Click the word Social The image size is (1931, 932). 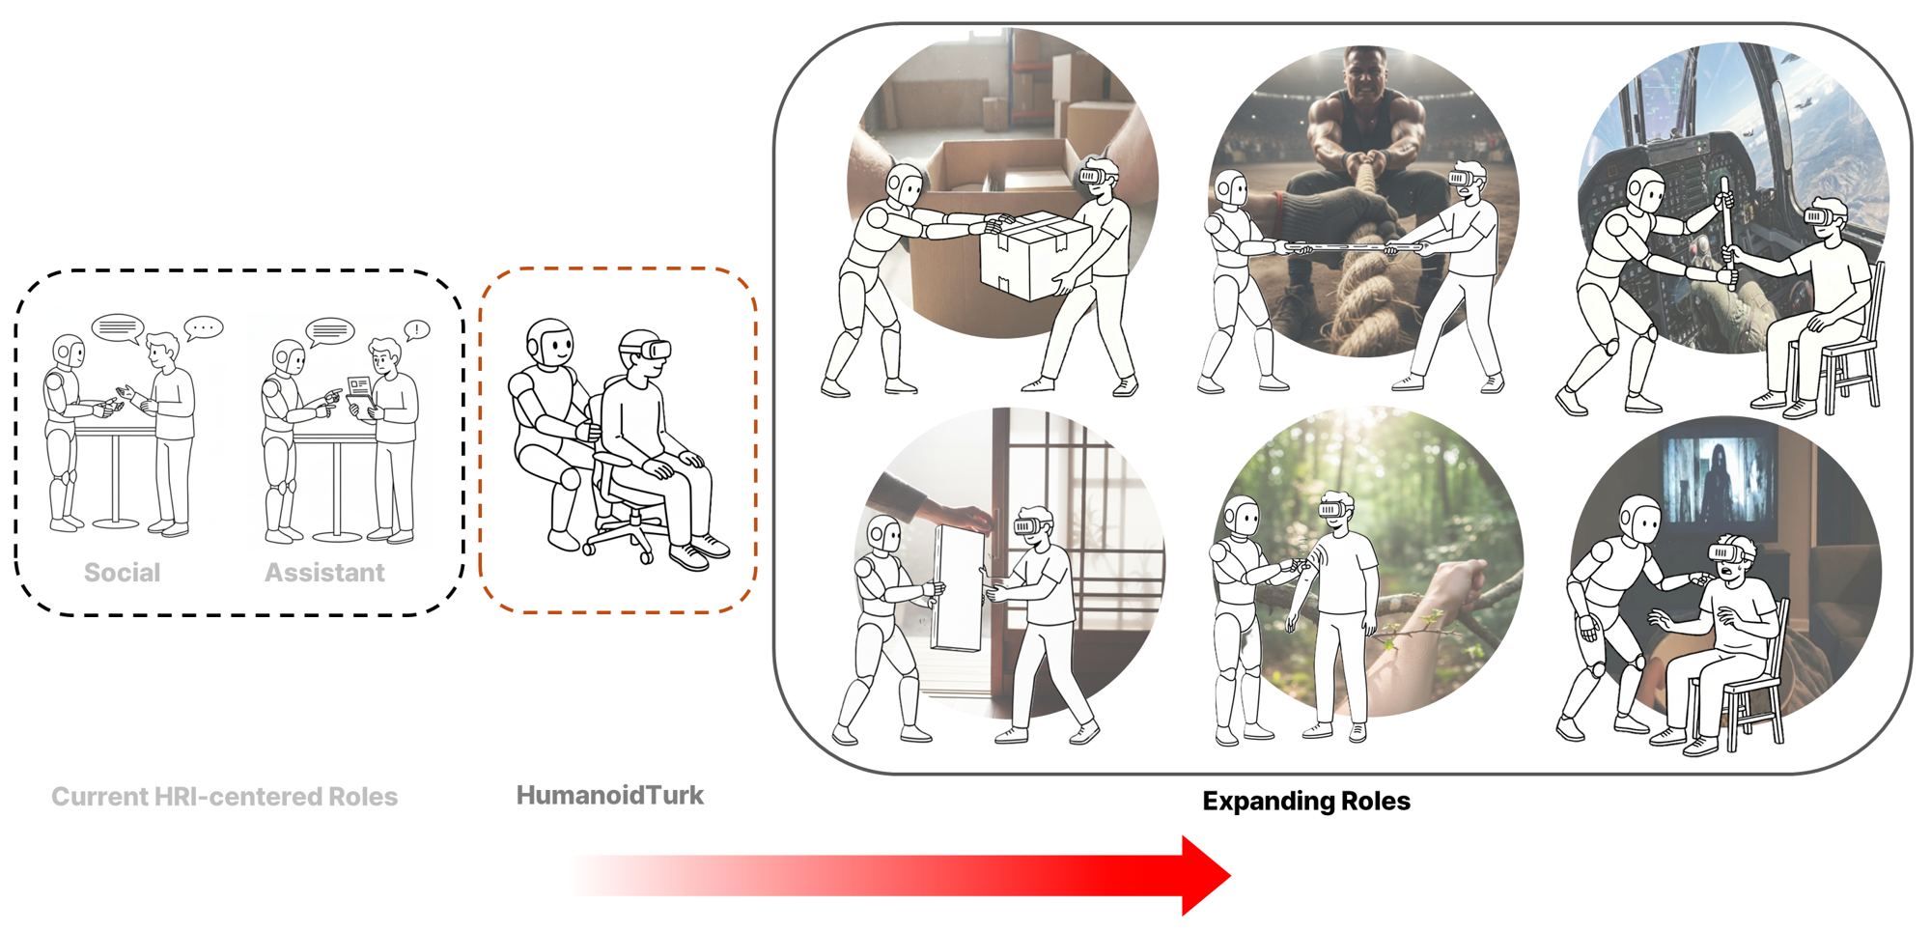coord(122,573)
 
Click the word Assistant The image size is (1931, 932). coord(324,573)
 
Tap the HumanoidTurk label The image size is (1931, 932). coord(610,795)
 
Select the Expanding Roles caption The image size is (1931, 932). coord(1306,801)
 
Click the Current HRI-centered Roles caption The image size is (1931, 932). coord(225,797)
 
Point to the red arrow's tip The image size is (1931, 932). coord(1230,875)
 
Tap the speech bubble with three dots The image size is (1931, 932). coord(204,328)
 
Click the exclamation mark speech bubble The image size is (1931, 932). coord(416,330)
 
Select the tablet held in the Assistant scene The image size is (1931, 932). coord(360,390)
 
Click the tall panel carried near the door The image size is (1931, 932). coord(960,588)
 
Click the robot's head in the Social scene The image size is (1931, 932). coord(69,352)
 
